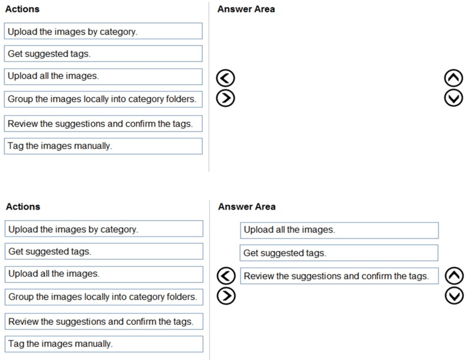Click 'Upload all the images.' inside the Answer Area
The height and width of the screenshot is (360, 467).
339,230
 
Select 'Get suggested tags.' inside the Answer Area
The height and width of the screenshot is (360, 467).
338,253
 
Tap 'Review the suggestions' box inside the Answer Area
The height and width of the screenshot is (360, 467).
339,276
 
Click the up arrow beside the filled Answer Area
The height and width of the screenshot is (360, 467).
454,276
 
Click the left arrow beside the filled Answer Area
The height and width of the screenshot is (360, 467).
226,276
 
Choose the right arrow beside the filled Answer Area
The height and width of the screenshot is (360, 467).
226,296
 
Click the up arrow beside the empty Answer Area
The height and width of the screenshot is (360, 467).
453,78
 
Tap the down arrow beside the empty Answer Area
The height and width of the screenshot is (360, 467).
453,98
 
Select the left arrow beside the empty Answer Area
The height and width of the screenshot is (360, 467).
225,78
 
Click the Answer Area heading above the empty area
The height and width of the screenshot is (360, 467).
246,9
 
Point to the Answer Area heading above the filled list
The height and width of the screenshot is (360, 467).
247,207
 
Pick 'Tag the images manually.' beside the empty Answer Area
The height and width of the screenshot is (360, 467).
103,146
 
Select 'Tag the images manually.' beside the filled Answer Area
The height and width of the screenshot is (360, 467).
104,344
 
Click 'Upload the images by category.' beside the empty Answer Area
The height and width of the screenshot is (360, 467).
103,31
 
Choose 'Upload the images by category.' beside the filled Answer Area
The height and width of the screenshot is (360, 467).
104,229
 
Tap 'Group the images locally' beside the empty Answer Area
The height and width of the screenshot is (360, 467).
103,99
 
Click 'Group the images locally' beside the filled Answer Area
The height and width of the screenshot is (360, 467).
104,297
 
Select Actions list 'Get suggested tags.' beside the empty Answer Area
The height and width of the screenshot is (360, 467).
103,54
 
